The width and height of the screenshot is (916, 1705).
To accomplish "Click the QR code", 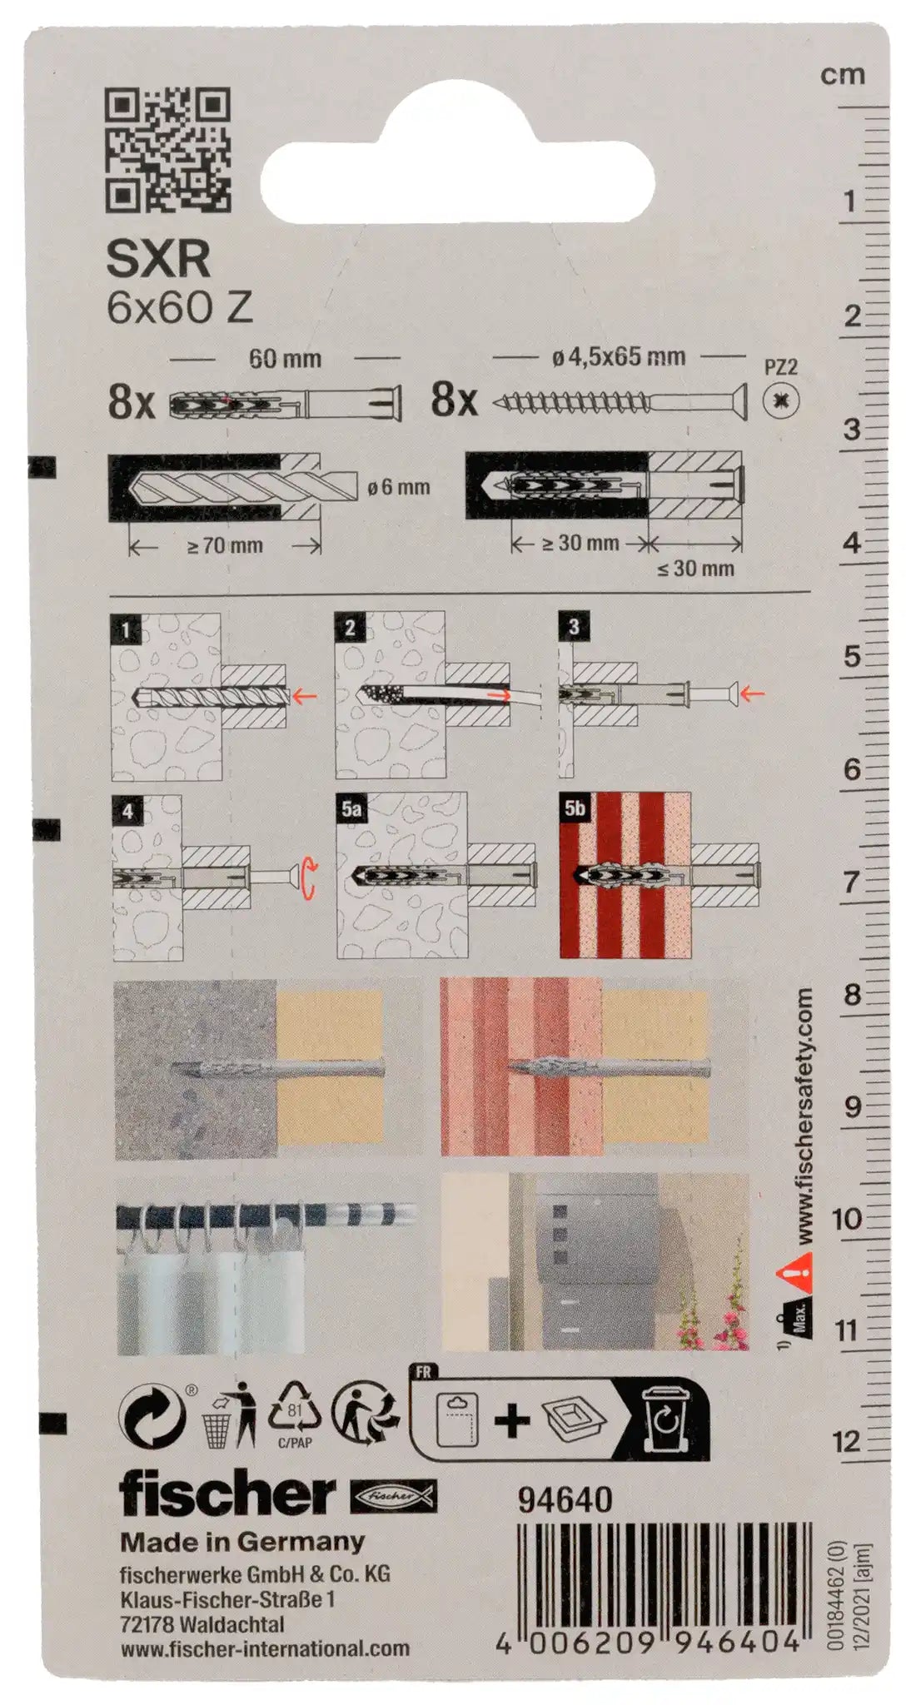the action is (167, 150).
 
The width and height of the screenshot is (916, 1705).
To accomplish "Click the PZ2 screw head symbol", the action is (780, 400).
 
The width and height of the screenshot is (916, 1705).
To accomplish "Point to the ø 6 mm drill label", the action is (398, 487).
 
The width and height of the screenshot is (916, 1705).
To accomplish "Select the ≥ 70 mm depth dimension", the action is (225, 546).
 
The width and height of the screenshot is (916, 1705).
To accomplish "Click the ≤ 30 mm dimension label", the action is (695, 569).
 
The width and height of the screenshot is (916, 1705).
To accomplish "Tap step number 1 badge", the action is (125, 629).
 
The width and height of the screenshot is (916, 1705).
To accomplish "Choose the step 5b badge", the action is (575, 808).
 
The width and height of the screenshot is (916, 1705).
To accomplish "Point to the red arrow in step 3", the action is (752, 692).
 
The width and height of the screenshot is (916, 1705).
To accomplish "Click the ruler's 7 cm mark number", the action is (851, 882).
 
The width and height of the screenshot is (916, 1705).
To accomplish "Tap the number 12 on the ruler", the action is (847, 1442).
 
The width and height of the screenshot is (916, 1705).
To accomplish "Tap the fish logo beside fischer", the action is (393, 1496).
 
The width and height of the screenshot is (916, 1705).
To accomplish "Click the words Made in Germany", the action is (242, 1542).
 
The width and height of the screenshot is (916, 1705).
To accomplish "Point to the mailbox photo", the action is (595, 1262).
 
